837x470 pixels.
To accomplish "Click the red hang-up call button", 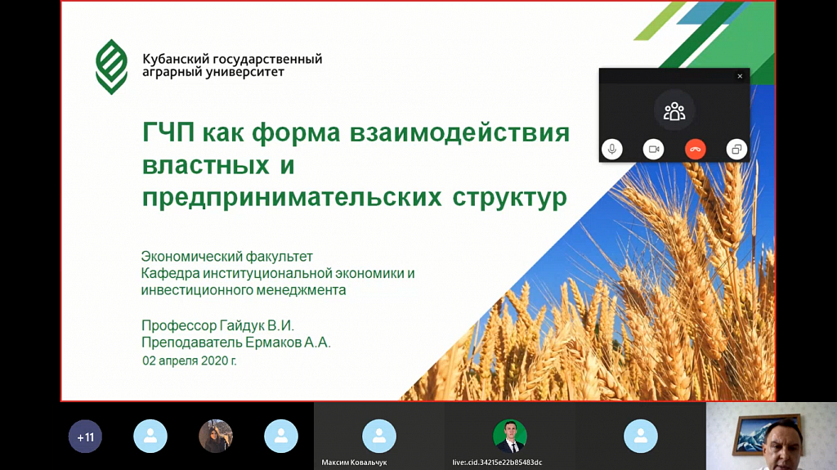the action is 695,150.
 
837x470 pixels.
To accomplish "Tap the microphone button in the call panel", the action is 612,150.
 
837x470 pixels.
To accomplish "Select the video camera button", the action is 653,150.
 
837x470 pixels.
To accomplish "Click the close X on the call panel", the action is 740,76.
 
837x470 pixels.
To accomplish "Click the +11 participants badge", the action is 85,436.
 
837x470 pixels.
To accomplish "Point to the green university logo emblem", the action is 111,67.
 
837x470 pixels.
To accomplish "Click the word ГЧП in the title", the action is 168,132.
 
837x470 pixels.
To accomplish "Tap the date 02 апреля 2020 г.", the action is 190,361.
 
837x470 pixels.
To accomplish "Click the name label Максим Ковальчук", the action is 354,463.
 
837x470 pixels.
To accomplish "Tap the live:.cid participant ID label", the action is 497,463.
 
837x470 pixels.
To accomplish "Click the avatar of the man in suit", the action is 510,436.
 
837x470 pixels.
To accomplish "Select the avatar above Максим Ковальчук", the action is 379,436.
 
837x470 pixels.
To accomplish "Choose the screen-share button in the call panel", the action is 736,150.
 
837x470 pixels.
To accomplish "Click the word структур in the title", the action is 510,198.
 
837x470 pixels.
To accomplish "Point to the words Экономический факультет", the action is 227,257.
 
